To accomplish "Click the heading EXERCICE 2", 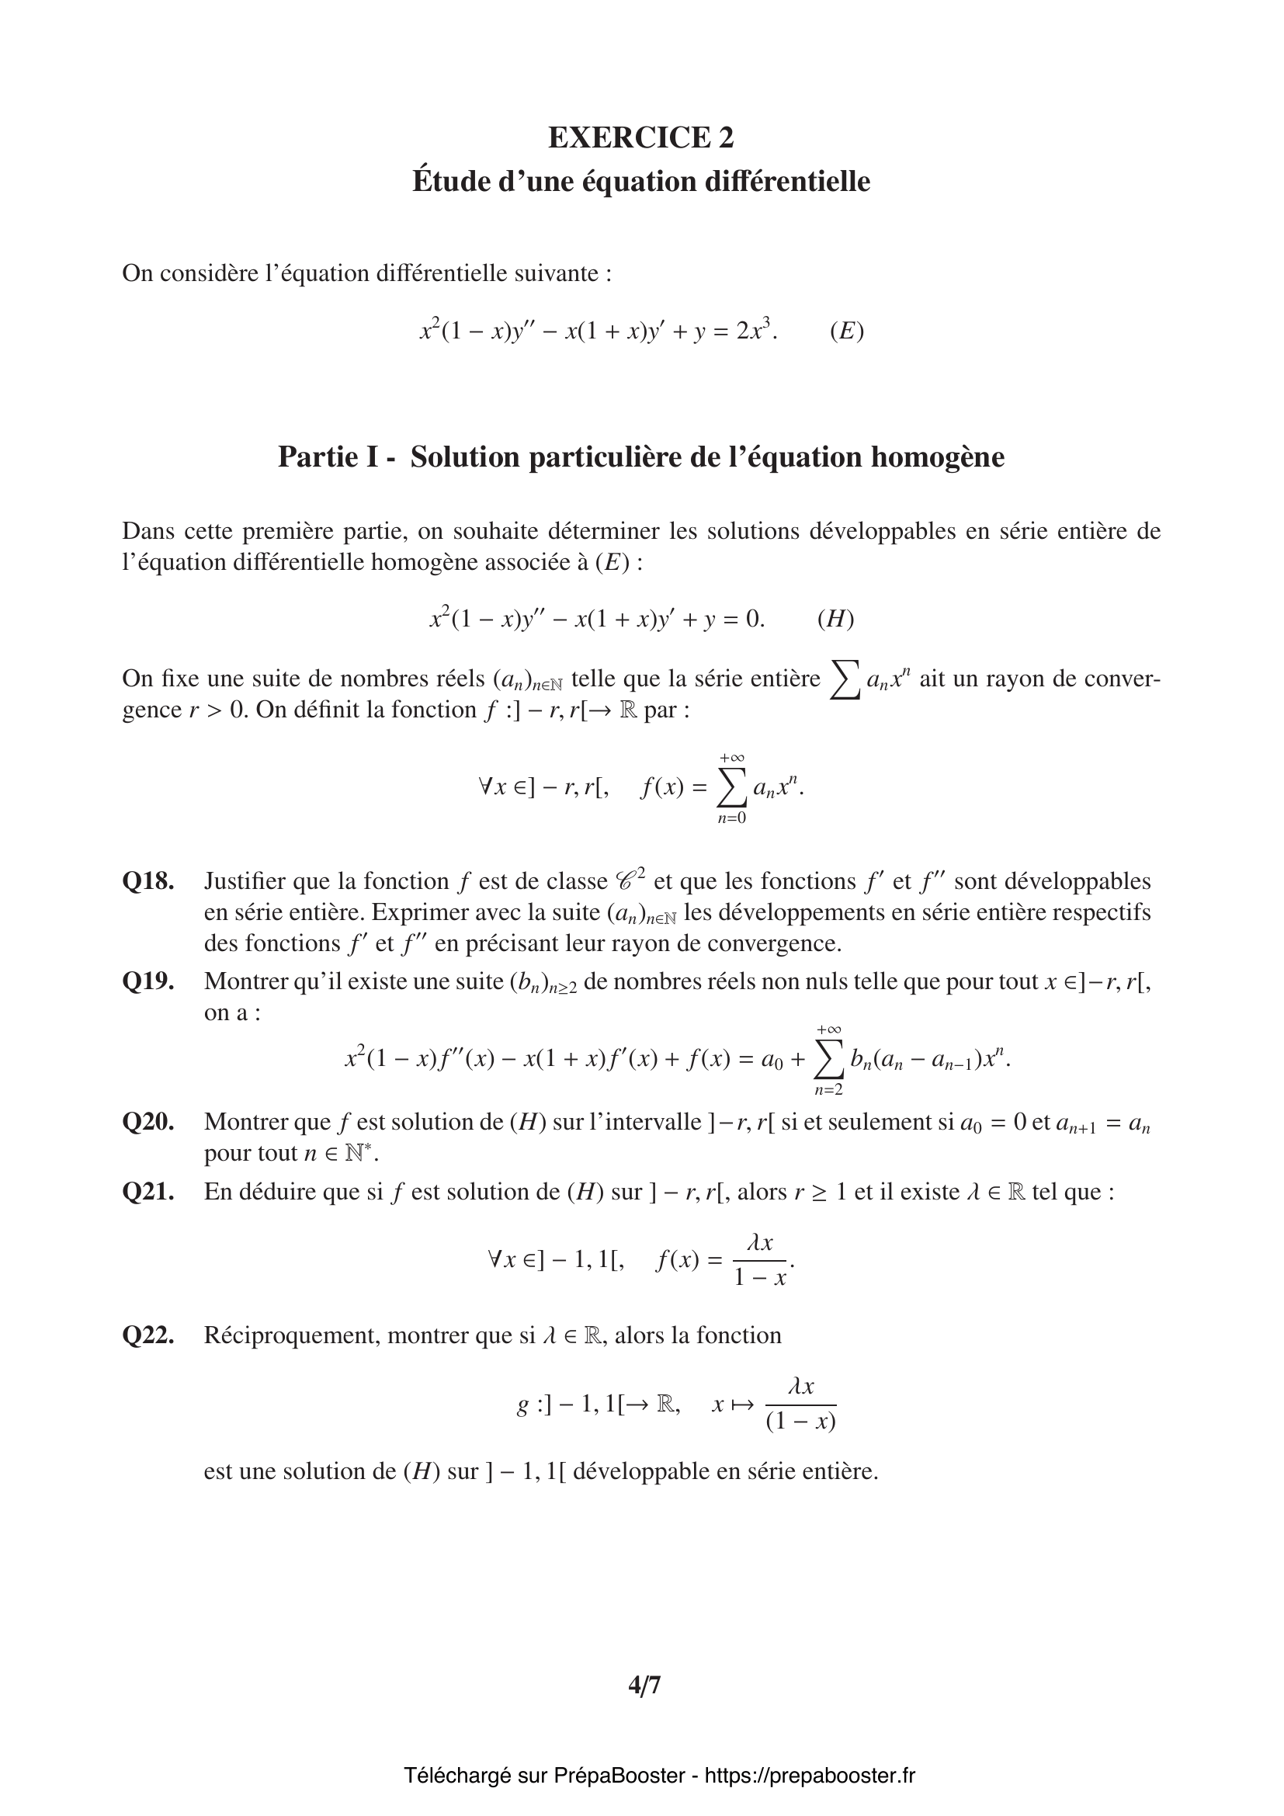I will tap(641, 137).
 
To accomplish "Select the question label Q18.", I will tap(147, 881).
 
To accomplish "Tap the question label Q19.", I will tap(147, 981).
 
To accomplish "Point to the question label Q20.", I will tap(147, 1123).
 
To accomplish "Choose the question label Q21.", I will tap(147, 1192).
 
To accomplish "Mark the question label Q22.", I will tap(147, 1336).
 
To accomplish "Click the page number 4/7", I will tap(644, 1686).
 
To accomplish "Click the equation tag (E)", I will tap(847, 331).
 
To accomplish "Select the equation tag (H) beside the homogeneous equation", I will tap(836, 619).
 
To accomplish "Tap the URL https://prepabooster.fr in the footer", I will tap(810, 1776).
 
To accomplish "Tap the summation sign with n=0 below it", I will tap(731, 789).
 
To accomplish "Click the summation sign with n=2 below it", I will tap(828, 1061).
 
